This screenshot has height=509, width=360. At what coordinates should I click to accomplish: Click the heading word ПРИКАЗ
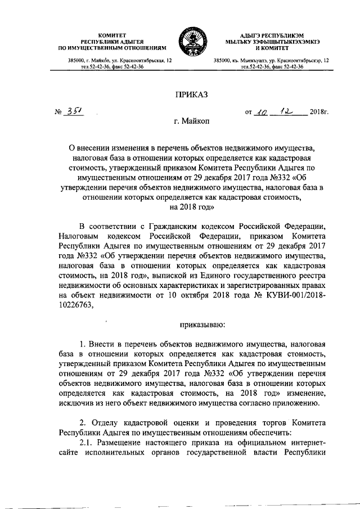[x=192, y=96]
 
